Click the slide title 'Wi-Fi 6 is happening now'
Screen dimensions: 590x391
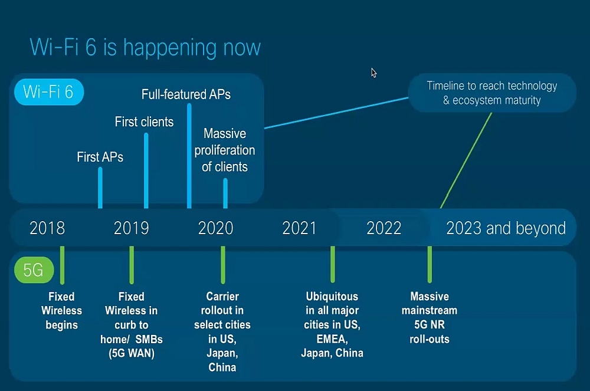pyautogui.click(x=145, y=48)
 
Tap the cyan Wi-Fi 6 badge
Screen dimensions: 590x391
pyautogui.click(x=49, y=92)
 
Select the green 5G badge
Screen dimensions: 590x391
pyautogui.click(x=34, y=270)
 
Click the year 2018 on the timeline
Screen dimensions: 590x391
pyautogui.click(x=47, y=228)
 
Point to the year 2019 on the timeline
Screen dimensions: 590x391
pyautogui.click(x=132, y=228)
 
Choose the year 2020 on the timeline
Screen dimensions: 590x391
pyautogui.click(x=215, y=228)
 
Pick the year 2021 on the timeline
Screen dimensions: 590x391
pyautogui.click(x=299, y=228)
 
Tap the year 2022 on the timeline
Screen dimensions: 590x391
pyautogui.click(x=384, y=228)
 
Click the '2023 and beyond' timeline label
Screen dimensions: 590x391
pyautogui.click(x=506, y=228)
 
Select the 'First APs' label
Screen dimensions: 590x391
pyautogui.click(x=100, y=157)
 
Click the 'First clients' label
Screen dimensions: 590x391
pyautogui.click(x=144, y=122)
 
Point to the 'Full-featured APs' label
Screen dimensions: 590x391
pyautogui.click(x=186, y=94)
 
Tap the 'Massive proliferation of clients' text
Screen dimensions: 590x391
pyautogui.click(x=225, y=150)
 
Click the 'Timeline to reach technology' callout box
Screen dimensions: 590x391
pyautogui.click(x=492, y=93)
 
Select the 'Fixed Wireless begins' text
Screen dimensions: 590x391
pyautogui.click(x=61, y=311)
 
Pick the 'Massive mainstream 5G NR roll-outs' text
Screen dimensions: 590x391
pyautogui.click(x=430, y=318)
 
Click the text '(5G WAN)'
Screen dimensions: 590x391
pyautogui.click(x=132, y=353)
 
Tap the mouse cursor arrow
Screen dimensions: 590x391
pyautogui.click(x=373, y=73)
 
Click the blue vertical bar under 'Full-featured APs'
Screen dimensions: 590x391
pyautogui.click(x=189, y=156)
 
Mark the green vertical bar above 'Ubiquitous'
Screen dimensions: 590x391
pyautogui.click(x=333, y=264)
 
